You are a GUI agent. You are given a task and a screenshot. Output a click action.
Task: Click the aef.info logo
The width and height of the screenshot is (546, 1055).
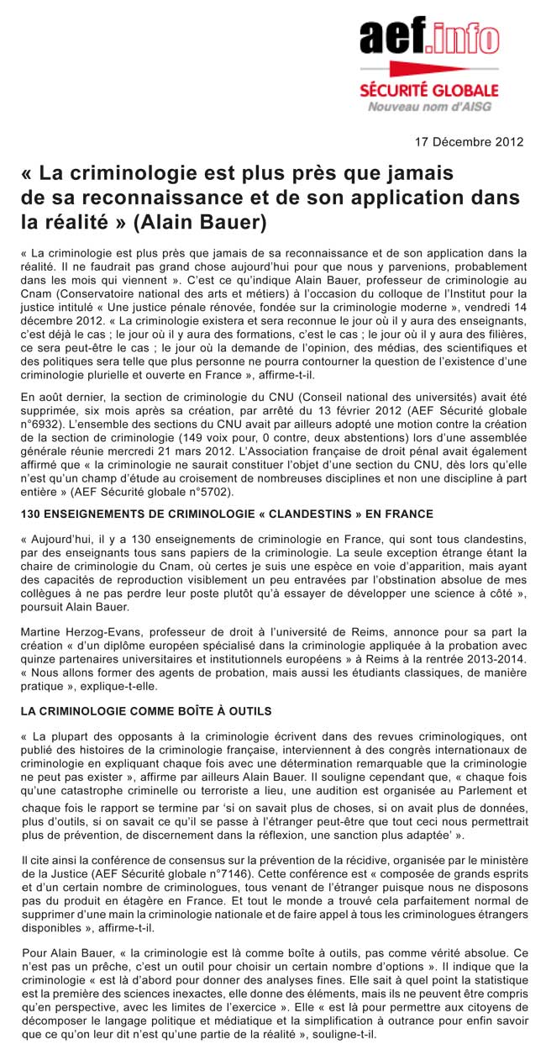point(428,37)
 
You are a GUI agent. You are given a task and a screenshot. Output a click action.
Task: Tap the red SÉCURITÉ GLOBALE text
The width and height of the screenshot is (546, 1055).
point(429,90)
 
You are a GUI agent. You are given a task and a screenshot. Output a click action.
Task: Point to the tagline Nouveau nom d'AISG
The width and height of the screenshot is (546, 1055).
point(429,106)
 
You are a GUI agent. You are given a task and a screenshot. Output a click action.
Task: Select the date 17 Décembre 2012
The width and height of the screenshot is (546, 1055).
point(470,141)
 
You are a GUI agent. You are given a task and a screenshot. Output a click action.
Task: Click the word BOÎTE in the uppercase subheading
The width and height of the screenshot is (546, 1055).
point(173,711)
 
